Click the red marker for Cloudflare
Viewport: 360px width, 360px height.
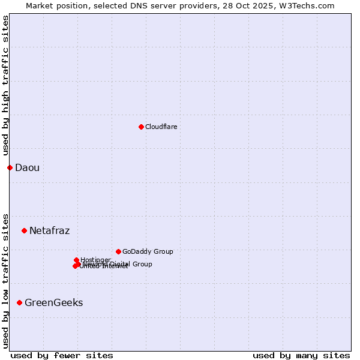point(141,127)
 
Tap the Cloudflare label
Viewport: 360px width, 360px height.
point(161,127)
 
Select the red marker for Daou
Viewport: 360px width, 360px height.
point(10,167)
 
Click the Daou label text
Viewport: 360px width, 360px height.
point(27,168)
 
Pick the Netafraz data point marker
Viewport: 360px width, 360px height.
point(24,230)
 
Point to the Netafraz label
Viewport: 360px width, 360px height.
point(49,231)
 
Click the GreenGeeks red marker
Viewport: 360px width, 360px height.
point(19,302)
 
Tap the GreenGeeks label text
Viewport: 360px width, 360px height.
point(53,303)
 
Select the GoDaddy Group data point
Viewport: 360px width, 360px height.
point(118,251)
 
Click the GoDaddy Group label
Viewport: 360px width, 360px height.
point(148,252)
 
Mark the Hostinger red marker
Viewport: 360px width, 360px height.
point(76,260)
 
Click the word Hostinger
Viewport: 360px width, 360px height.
point(96,260)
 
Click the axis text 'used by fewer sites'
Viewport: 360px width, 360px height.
point(62,356)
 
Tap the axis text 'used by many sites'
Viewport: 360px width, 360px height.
point(301,356)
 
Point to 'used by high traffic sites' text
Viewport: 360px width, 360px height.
point(6,85)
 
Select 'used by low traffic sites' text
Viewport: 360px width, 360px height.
point(6,281)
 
